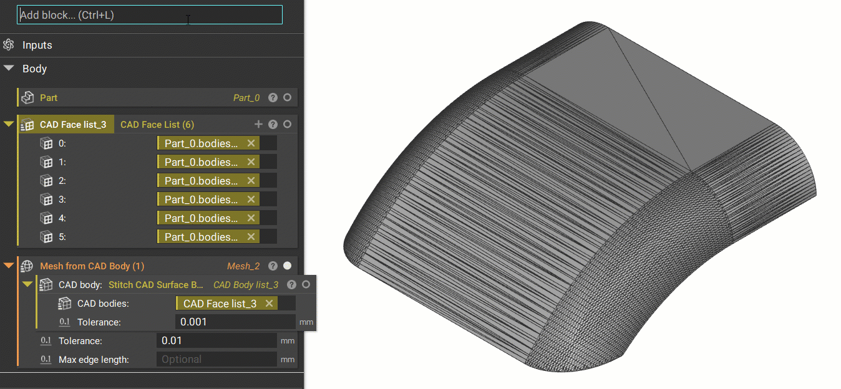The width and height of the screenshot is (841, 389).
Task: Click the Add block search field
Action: (x=150, y=15)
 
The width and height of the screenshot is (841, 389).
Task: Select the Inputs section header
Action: (x=37, y=45)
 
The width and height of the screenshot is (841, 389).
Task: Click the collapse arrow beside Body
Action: (x=9, y=69)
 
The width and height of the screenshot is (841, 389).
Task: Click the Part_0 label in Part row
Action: (x=246, y=98)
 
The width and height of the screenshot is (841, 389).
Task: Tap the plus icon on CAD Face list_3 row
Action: (x=259, y=124)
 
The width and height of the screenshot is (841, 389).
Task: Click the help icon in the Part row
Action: (x=273, y=98)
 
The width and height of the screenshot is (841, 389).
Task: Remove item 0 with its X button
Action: (x=251, y=143)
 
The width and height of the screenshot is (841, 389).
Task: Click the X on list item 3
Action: (x=251, y=199)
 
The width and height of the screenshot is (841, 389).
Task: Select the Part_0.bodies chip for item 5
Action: (x=201, y=237)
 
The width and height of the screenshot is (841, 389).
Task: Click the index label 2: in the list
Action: (x=62, y=181)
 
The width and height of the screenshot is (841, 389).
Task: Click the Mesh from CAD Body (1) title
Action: (x=92, y=266)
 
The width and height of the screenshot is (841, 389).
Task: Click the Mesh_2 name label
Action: (x=243, y=266)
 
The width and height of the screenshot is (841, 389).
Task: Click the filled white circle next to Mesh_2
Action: (x=287, y=266)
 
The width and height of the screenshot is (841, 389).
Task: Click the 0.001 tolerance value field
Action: (x=235, y=322)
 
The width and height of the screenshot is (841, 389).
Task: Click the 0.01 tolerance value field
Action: (x=216, y=341)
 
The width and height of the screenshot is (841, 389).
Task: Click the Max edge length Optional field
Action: (x=216, y=359)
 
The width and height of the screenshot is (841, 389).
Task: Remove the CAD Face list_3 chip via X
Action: (x=270, y=304)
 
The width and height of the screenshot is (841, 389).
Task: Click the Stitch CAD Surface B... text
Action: (x=156, y=285)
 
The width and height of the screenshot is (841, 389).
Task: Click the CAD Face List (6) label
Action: (x=157, y=125)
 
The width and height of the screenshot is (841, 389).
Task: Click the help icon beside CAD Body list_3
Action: (x=291, y=285)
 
